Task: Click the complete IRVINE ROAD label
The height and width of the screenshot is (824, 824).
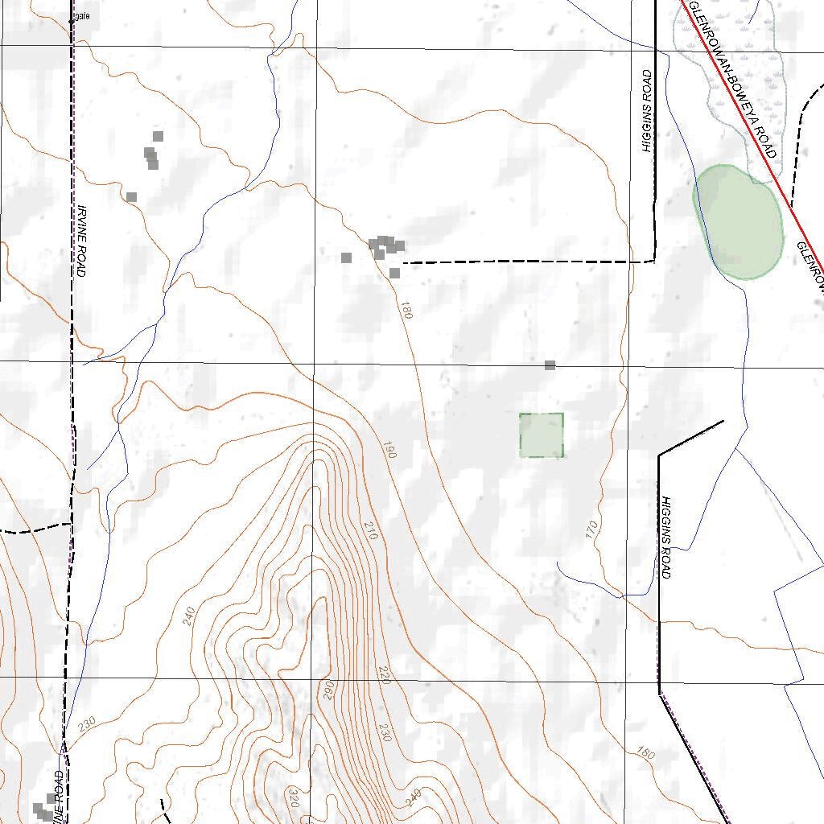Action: click(x=81, y=241)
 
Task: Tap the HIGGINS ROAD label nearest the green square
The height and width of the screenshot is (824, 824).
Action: click(x=665, y=537)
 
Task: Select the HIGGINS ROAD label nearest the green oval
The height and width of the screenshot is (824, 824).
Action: click(x=647, y=111)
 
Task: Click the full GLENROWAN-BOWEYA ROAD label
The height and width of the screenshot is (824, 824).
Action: click(x=732, y=79)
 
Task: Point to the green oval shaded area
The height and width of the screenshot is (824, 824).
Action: click(x=739, y=222)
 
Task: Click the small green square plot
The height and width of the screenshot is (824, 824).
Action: click(x=541, y=435)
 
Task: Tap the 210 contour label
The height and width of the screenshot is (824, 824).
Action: click(x=371, y=530)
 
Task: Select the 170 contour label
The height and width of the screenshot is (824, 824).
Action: click(x=592, y=529)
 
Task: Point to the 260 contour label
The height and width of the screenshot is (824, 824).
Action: click(x=328, y=690)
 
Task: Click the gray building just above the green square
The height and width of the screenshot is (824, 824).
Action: click(x=550, y=365)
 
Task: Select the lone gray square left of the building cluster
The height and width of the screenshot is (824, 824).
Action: click(x=346, y=257)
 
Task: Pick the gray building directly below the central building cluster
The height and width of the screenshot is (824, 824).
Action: click(x=394, y=274)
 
